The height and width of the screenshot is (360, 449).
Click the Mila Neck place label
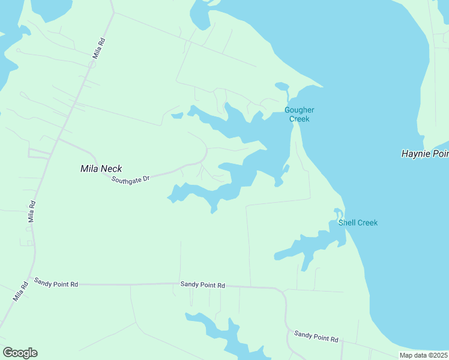pos(101,169)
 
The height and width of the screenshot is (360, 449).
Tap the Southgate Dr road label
pos(130,179)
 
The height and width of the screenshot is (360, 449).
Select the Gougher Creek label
pos(299,114)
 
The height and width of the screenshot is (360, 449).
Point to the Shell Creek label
pos(358,223)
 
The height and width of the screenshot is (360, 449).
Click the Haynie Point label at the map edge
pos(424,154)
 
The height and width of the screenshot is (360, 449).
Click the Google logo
pos(20,353)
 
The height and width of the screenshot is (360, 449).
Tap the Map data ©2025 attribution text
pos(423,355)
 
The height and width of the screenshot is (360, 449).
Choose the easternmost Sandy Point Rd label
pos(316,336)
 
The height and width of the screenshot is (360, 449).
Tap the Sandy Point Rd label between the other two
pos(202,285)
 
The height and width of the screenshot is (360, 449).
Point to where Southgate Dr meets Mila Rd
pos(59,139)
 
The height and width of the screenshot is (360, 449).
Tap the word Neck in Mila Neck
pos(112,169)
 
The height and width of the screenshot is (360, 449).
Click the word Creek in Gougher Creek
pos(299,119)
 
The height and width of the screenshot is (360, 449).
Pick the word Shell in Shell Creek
pos(347,223)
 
